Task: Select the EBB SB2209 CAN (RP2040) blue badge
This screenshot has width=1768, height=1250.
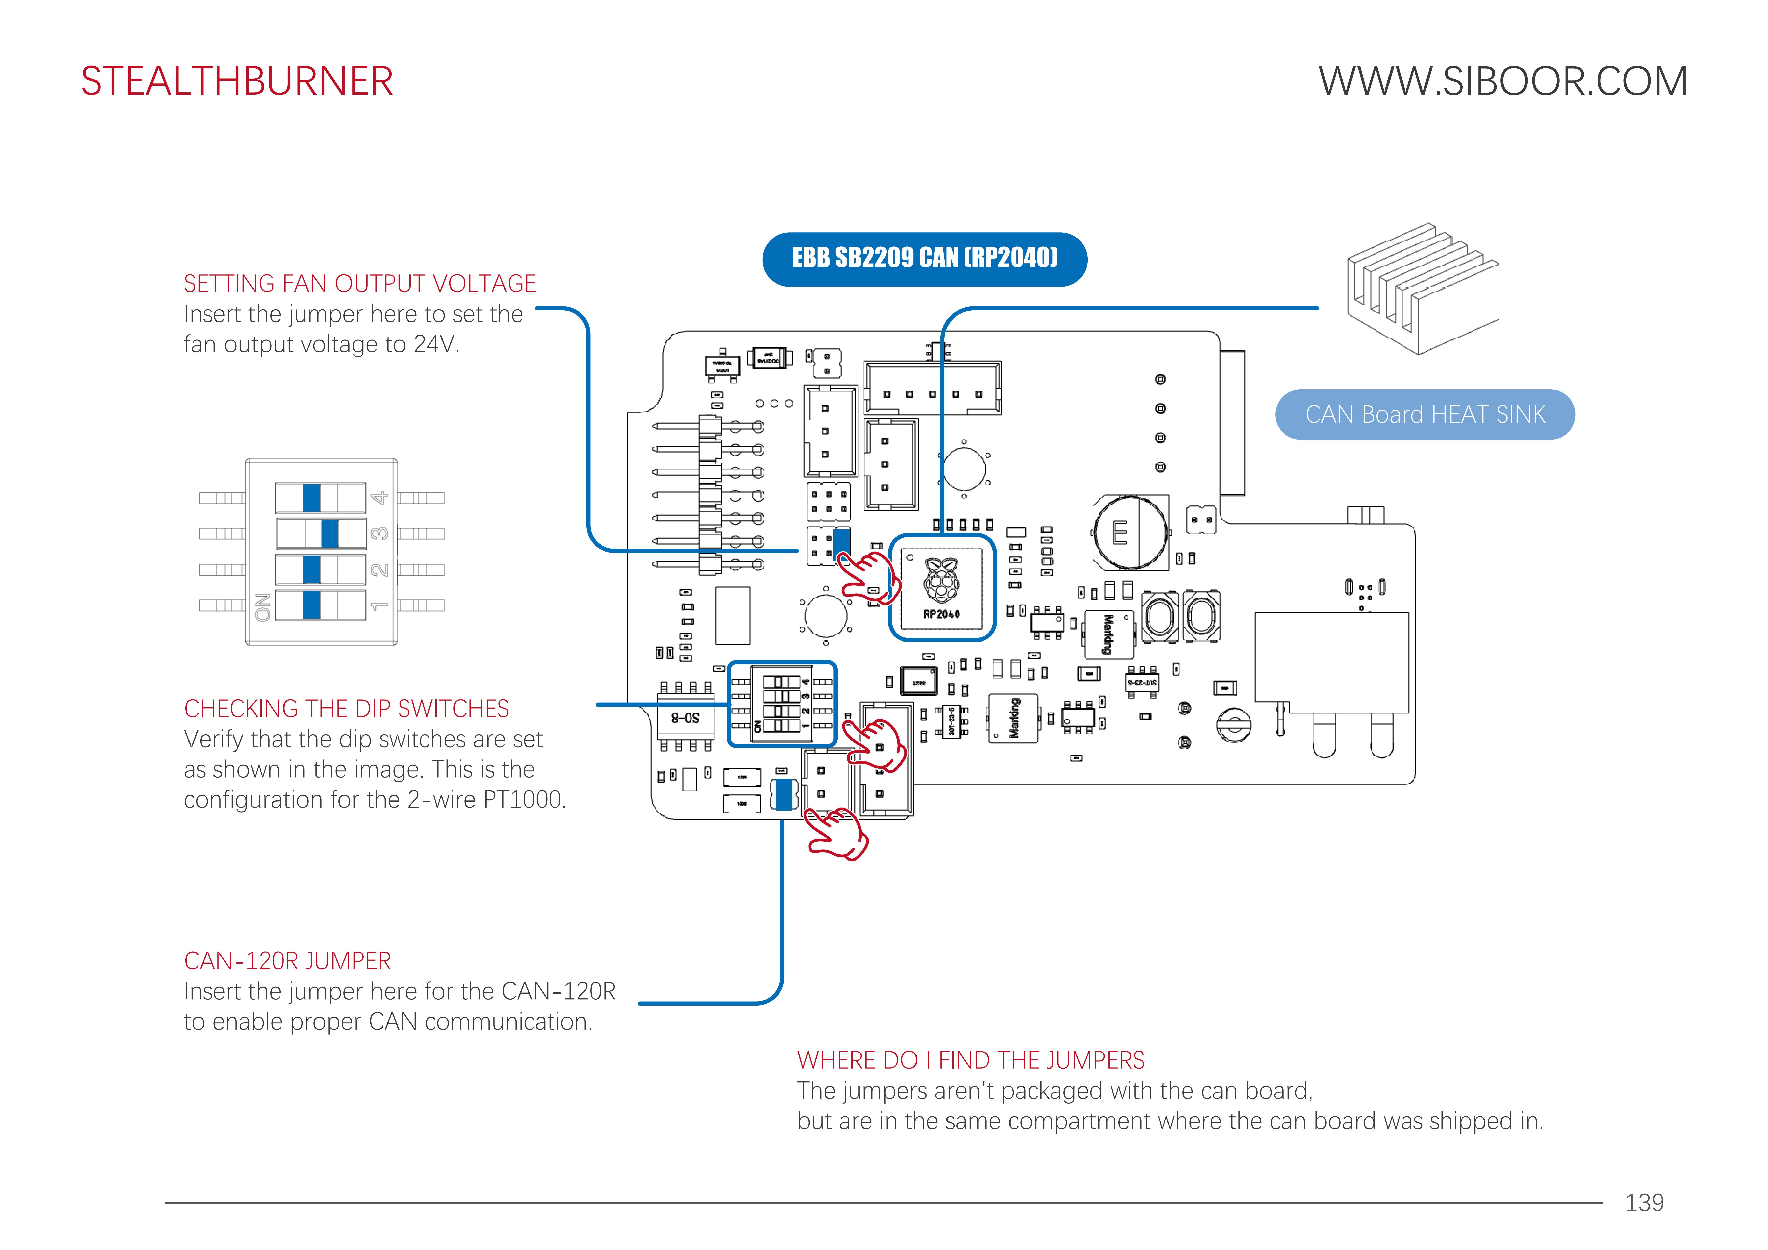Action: pyautogui.click(x=924, y=259)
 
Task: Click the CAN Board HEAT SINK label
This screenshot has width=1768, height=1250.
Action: pyautogui.click(x=1425, y=414)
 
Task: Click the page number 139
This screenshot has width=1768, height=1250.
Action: pyautogui.click(x=1644, y=1202)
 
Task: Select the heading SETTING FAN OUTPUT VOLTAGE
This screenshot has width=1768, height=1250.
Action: pyautogui.click(x=360, y=283)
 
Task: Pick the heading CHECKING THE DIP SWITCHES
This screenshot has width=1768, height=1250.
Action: pyautogui.click(x=346, y=709)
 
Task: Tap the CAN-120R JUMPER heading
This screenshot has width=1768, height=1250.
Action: pyautogui.click(x=287, y=961)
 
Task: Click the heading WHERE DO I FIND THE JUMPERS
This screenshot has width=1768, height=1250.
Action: pyautogui.click(x=970, y=1061)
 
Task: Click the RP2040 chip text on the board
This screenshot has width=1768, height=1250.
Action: pyautogui.click(x=941, y=614)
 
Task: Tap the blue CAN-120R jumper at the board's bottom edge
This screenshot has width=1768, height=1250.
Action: pyautogui.click(x=784, y=794)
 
